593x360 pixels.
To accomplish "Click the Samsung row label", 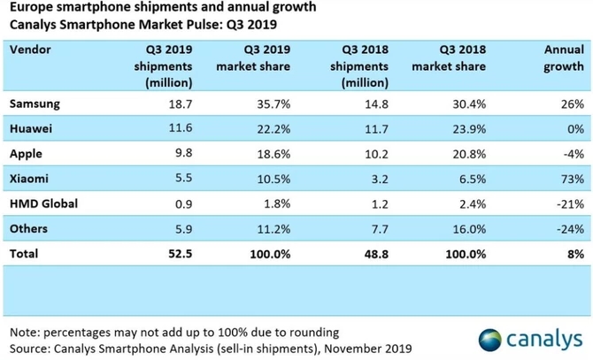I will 33,103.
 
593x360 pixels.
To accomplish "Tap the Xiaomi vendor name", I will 28,178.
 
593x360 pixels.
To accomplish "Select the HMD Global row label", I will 43,203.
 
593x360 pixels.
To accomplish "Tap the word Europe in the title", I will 30,10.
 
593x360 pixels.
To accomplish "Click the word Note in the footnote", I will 23,332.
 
